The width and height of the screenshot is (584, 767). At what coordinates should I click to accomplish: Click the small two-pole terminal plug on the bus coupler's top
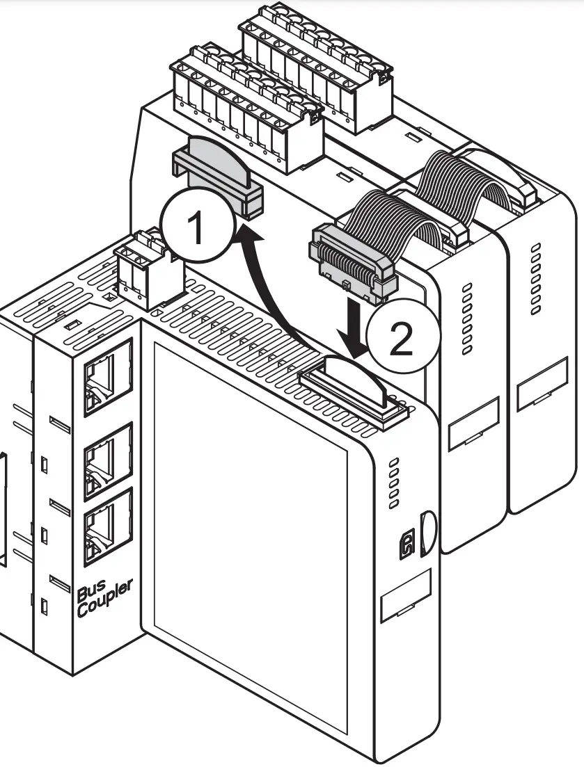point(145,272)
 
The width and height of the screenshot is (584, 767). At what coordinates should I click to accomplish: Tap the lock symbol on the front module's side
point(407,546)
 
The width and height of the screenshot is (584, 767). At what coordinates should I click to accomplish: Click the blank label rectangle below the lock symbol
point(407,598)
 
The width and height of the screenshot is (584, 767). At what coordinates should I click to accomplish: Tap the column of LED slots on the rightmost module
point(535,278)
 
